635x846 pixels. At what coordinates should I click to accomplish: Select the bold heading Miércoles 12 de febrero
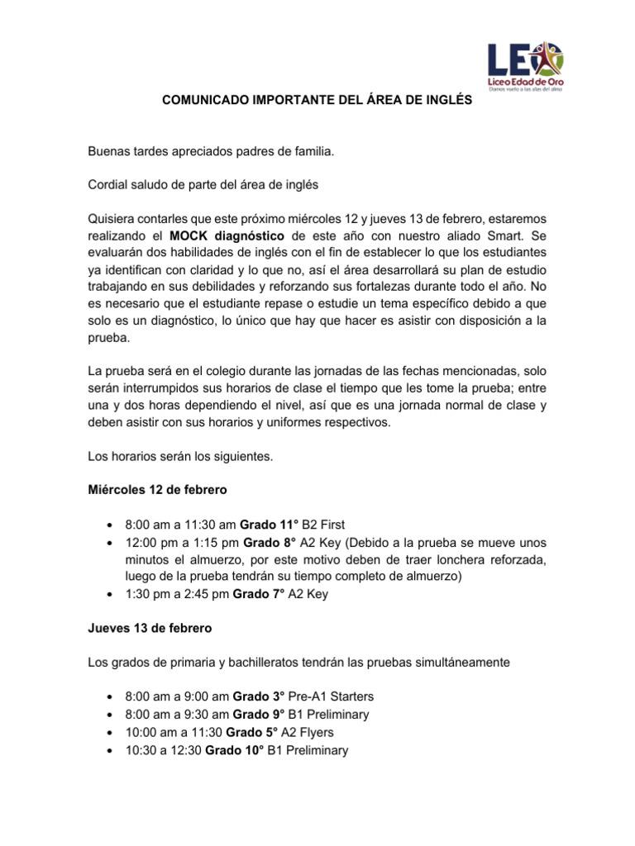[x=157, y=490]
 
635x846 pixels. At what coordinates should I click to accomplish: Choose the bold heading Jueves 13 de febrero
[x=150, y=628]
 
